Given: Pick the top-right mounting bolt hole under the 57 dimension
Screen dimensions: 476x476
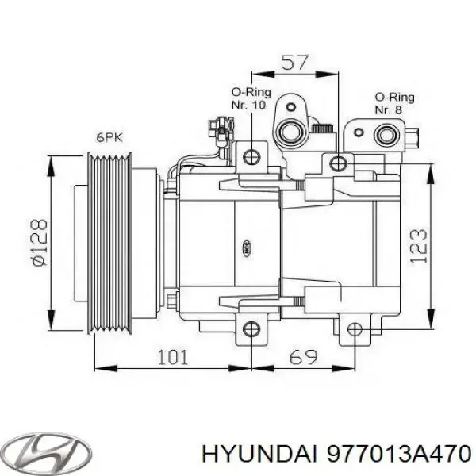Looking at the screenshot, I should coord(339,163).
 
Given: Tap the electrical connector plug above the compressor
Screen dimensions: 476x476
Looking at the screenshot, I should coord(220,127).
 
